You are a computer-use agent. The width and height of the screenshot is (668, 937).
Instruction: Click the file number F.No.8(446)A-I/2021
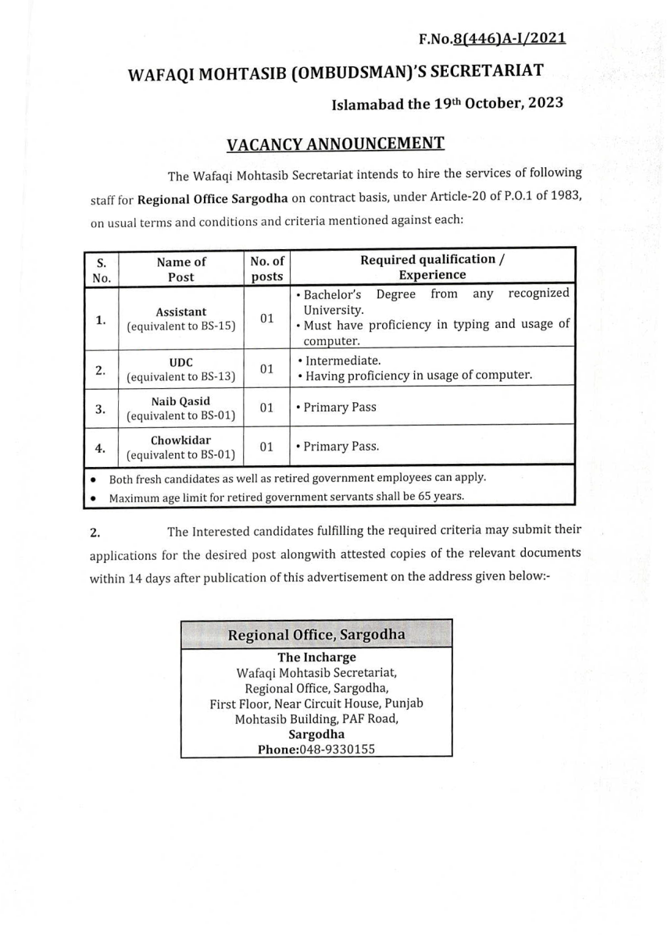(492, 38)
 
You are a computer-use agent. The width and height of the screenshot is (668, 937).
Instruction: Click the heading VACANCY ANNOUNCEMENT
(335, 144)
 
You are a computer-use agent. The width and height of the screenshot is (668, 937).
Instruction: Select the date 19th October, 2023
(498, 103)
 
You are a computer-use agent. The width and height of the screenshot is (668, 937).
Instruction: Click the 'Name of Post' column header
(181, 269)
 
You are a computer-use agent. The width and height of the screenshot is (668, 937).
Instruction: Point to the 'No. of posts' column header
(267, 269)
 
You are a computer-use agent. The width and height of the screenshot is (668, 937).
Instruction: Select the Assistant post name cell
(181, 319)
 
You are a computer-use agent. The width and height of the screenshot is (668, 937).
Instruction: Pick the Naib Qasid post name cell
(181, 408)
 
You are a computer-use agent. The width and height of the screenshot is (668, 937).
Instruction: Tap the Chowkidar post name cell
(181, 447)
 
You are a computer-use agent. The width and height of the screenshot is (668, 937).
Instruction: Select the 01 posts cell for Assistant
(267, 319)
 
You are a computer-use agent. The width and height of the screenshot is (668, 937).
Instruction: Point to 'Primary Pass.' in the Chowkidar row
(341, 447)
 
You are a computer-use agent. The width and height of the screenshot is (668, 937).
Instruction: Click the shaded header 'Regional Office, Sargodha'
(316, 635)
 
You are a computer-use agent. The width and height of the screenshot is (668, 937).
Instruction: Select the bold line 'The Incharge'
(316, 657)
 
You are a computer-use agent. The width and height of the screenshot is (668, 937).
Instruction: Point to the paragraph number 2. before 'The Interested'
(95, 533)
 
